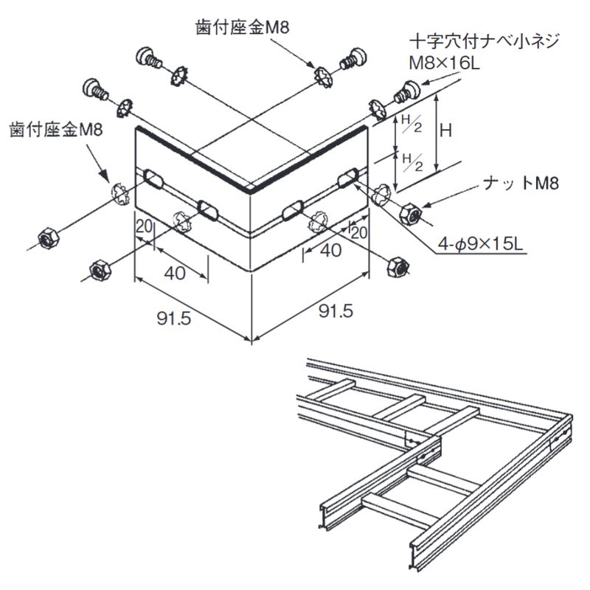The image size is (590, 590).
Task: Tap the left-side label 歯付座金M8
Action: (56, 130)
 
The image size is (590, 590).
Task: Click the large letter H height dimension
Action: (446, 131)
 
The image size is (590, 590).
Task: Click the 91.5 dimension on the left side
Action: (174, 319)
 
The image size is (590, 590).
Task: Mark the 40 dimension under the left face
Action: (174, 272)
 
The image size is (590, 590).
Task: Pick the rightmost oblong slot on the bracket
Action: (348, 179)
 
